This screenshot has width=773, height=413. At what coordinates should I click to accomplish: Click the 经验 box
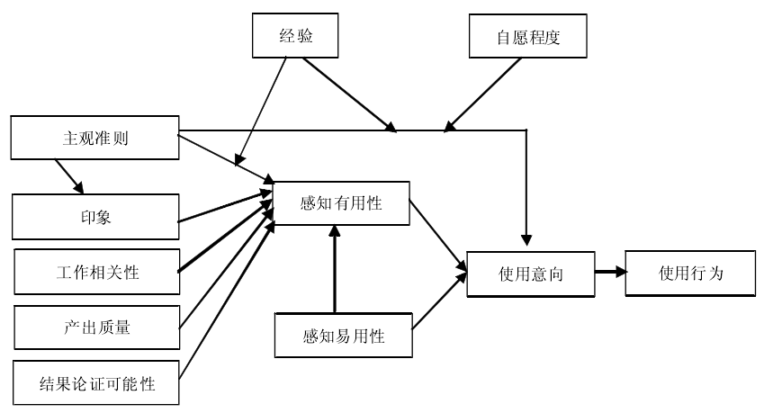click(x=296, y=36)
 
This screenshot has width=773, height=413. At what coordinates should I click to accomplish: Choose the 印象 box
click(x=94, y=218)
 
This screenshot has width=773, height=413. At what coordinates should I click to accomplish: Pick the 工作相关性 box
click(x=97, y=272)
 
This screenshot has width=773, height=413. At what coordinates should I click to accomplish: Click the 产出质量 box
click(x=97, y=328)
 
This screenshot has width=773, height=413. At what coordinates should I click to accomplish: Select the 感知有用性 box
click(x=341, y=203)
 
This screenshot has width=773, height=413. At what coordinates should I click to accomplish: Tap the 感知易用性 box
click(x=343, y=336)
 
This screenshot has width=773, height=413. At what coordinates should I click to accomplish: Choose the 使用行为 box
click(x=690, y=270)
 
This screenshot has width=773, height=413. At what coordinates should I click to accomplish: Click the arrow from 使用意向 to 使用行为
click(x=609, y=270)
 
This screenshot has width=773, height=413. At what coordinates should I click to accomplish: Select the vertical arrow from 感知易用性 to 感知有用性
click(x=334, y=270)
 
